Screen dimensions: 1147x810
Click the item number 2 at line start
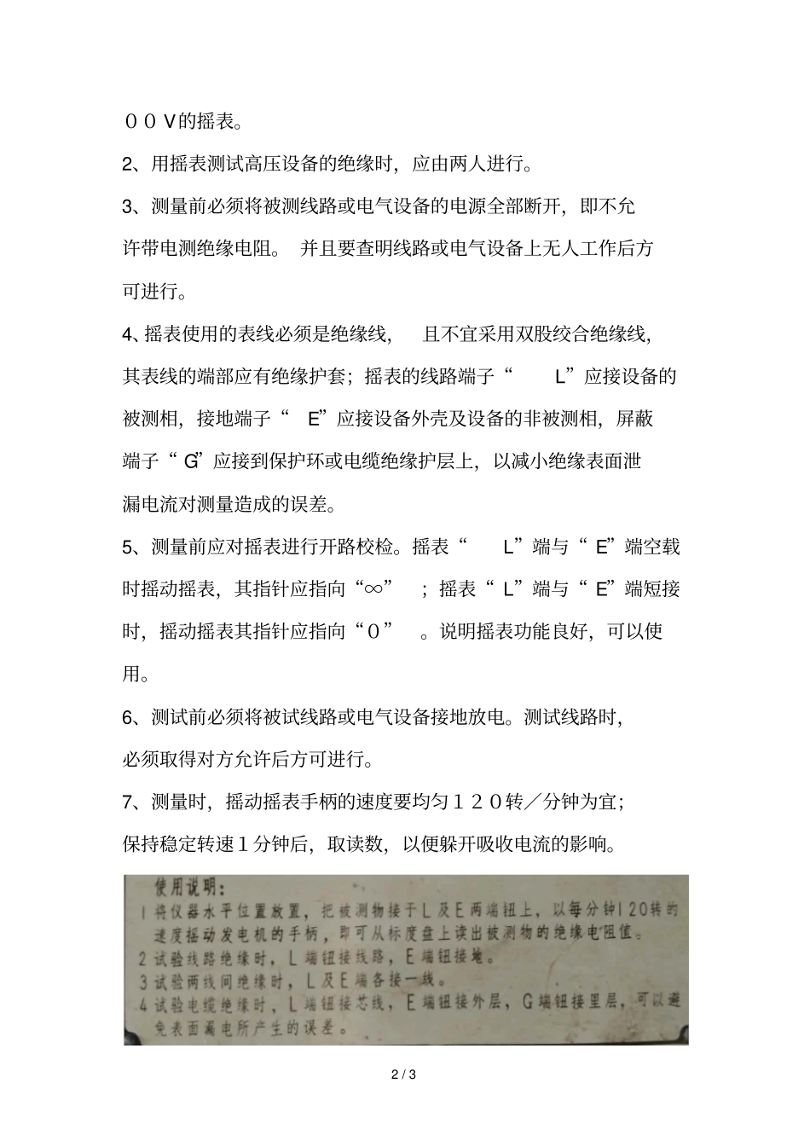click(x=129, y=164)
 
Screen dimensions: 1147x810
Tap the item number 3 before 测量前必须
click(x=129, y=206)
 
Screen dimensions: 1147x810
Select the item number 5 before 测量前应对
click(x=129, y=547)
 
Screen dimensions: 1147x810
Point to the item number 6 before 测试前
click(x=129, y=717)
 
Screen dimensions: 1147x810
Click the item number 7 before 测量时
click(x=129, y=802)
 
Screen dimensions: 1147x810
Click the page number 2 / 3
click(x=404, y=1075)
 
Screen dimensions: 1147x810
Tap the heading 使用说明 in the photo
click(x=182, y=887)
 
